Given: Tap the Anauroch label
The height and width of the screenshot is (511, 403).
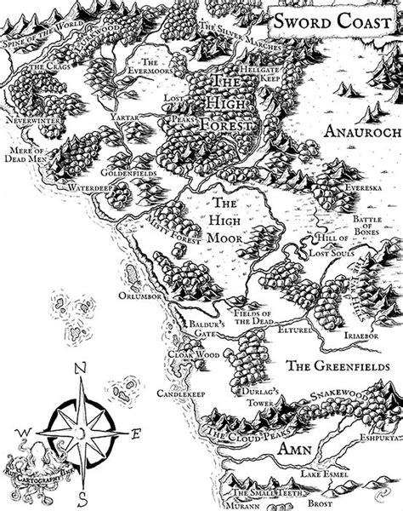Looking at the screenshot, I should tap(357, 130).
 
